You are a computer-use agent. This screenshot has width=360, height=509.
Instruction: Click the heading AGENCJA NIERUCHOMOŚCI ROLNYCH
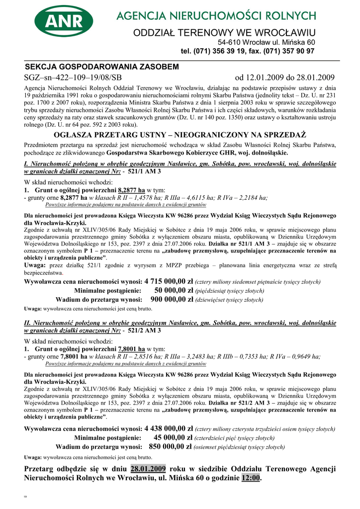[x=216, y=16]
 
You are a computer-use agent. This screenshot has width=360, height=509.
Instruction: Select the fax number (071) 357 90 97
[x=285, y=51]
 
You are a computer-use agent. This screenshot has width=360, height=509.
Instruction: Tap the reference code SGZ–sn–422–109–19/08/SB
[x=73, y=78]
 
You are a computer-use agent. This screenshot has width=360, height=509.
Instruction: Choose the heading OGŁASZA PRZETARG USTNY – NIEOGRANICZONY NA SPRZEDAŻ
[x=180, y=135]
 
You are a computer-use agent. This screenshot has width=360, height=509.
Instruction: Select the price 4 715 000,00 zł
[x=169, y=281]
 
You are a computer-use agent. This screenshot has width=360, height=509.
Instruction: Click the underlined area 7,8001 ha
[x=131, y=349]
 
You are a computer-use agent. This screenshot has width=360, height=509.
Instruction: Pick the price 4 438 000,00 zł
[x=169, y=428]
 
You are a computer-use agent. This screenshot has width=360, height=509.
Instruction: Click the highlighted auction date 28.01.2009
[x=148, y=469]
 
